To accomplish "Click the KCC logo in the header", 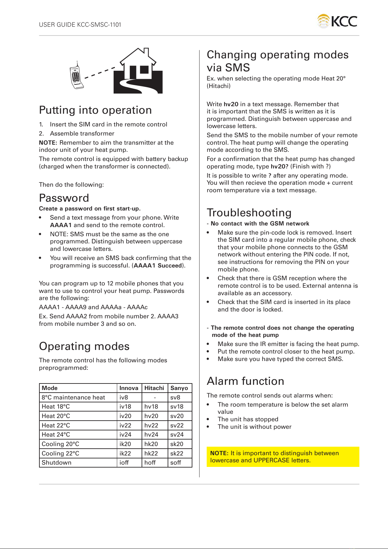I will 337,21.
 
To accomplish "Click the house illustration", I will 138,71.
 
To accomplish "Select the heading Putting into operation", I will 95,110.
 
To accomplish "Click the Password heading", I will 64,198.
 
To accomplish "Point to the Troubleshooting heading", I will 249,212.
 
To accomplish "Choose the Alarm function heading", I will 245,381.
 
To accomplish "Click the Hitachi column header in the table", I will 154,388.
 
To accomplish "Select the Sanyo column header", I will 179,388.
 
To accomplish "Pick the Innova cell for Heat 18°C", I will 125,407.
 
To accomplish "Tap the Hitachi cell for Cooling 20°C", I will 151,444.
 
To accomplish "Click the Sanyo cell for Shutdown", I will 176,463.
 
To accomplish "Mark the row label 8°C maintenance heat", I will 73,397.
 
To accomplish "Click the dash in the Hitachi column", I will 155,397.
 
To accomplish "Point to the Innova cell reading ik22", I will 125,454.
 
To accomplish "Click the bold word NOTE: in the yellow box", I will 219,453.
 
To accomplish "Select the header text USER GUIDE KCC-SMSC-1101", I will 80,25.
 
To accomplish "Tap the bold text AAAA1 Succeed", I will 158,266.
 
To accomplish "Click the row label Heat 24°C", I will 56,435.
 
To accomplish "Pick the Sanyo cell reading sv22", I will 177,426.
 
